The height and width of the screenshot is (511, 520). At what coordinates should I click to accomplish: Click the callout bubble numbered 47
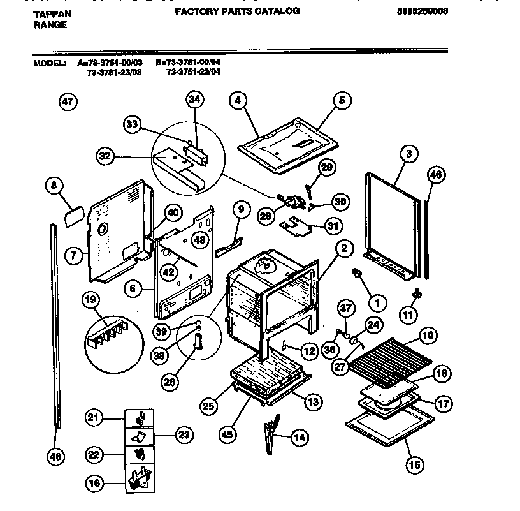click(68, 101)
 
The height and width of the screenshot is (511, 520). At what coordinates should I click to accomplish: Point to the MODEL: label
click(50, 64)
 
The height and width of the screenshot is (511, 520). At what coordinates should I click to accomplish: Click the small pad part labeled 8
click(74, 216)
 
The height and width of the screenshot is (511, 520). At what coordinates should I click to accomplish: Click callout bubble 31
click(331, 225)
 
